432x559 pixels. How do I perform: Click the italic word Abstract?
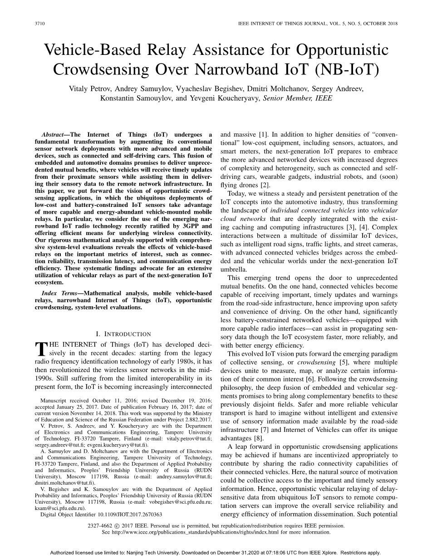pyautogui.click(x=52, y=135)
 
